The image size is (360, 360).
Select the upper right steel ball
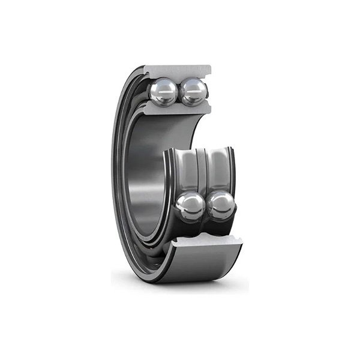(x=193, y=92)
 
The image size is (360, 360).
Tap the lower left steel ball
(x=191, y=206)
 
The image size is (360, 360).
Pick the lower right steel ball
(x=221, y=206)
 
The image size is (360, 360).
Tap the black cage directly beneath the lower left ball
(x=191, y=227)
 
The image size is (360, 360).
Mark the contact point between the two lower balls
(x=206, y=208)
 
